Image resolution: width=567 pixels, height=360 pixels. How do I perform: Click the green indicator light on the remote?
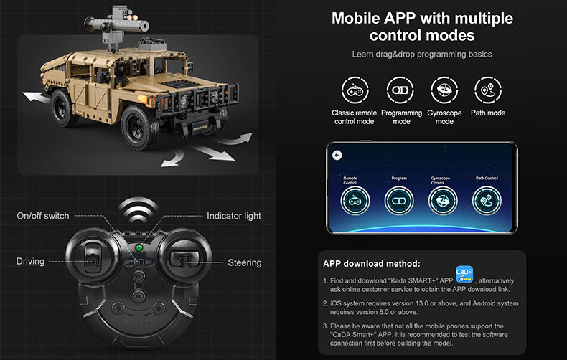[138, 248]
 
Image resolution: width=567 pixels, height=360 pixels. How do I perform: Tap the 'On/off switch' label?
[43, 216]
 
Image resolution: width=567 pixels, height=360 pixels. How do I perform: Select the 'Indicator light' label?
[234, 216]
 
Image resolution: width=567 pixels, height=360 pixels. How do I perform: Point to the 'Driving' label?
[30, 262]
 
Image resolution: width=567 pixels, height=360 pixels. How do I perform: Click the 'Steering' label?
[245, 262]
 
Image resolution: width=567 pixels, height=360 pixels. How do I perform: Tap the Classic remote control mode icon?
[354, 90]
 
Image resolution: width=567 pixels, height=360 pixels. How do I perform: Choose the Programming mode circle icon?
[400, 90]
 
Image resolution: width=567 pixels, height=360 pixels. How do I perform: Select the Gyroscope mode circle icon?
[445, 90]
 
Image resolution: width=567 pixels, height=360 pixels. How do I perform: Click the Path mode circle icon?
[488, 90]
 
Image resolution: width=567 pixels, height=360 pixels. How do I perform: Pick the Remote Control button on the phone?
[355, 202]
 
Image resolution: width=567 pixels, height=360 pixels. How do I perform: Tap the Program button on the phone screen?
[399, 202]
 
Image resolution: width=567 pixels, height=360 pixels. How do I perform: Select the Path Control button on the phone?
[487, 202]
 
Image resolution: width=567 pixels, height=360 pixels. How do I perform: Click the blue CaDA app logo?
[464, 277]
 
